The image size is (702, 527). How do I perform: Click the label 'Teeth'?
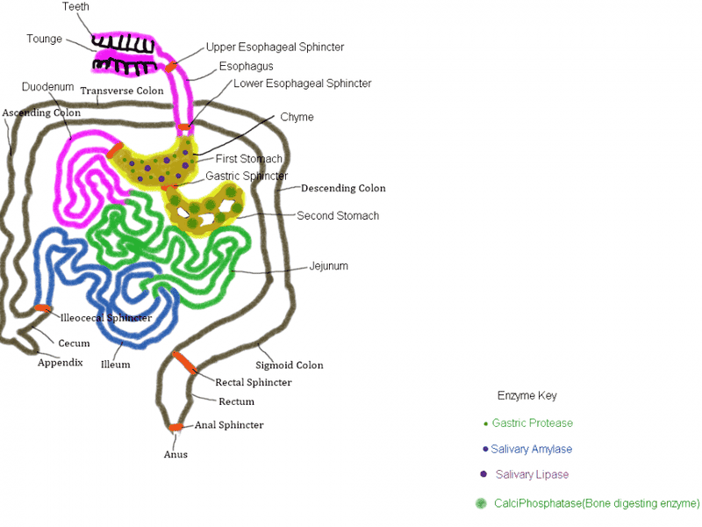coord(75,7)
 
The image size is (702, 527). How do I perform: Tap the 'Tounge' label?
coord(44,39)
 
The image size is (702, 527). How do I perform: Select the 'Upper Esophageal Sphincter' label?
coord(275,47)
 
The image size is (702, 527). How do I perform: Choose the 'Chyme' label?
coord(297,117)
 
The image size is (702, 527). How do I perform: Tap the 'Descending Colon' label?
coord(343,188)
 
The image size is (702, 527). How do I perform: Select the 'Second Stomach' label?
coord(338,215)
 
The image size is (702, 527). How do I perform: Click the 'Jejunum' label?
coord(329,265)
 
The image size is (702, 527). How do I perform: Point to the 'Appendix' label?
coord(60,362)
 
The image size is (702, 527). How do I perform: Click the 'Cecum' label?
coord(74,343)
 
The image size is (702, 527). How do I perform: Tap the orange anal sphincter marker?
coord(175,428)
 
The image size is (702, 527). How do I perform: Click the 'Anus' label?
coord(175,454)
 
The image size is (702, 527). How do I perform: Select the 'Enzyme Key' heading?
coord(526,395)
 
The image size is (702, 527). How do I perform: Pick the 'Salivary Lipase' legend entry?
coord(532,475)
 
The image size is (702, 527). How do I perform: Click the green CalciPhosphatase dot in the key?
coord(480,503)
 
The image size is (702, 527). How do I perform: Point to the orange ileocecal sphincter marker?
coord(42,307)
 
